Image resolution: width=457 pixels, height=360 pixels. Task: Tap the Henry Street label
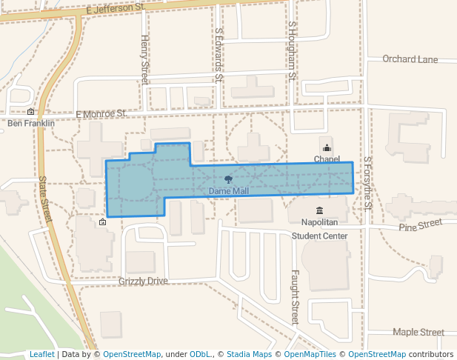(144, 59)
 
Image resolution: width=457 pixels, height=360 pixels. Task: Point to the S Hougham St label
(292, 50)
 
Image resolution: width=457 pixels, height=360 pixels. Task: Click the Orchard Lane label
(410, 59)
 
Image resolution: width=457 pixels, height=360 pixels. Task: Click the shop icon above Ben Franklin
(30, 112)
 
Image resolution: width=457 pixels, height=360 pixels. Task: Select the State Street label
(47, 199)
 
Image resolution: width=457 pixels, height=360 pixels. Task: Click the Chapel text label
(327, 159)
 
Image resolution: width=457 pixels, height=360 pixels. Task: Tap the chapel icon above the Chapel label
(327, 148)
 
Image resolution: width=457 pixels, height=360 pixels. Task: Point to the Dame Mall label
(228, 191)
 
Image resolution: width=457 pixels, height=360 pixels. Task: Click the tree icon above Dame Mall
(228, 180)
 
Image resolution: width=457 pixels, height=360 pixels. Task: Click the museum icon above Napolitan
(319, 211)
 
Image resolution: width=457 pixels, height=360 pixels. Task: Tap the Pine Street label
(420, 224)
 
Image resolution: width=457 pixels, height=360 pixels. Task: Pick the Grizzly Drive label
(143, 281)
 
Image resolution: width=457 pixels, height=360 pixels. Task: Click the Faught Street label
(294, 296)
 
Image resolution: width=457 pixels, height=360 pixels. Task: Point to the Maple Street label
(418, 333)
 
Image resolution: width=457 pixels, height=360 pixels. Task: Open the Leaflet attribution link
(41, 354)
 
